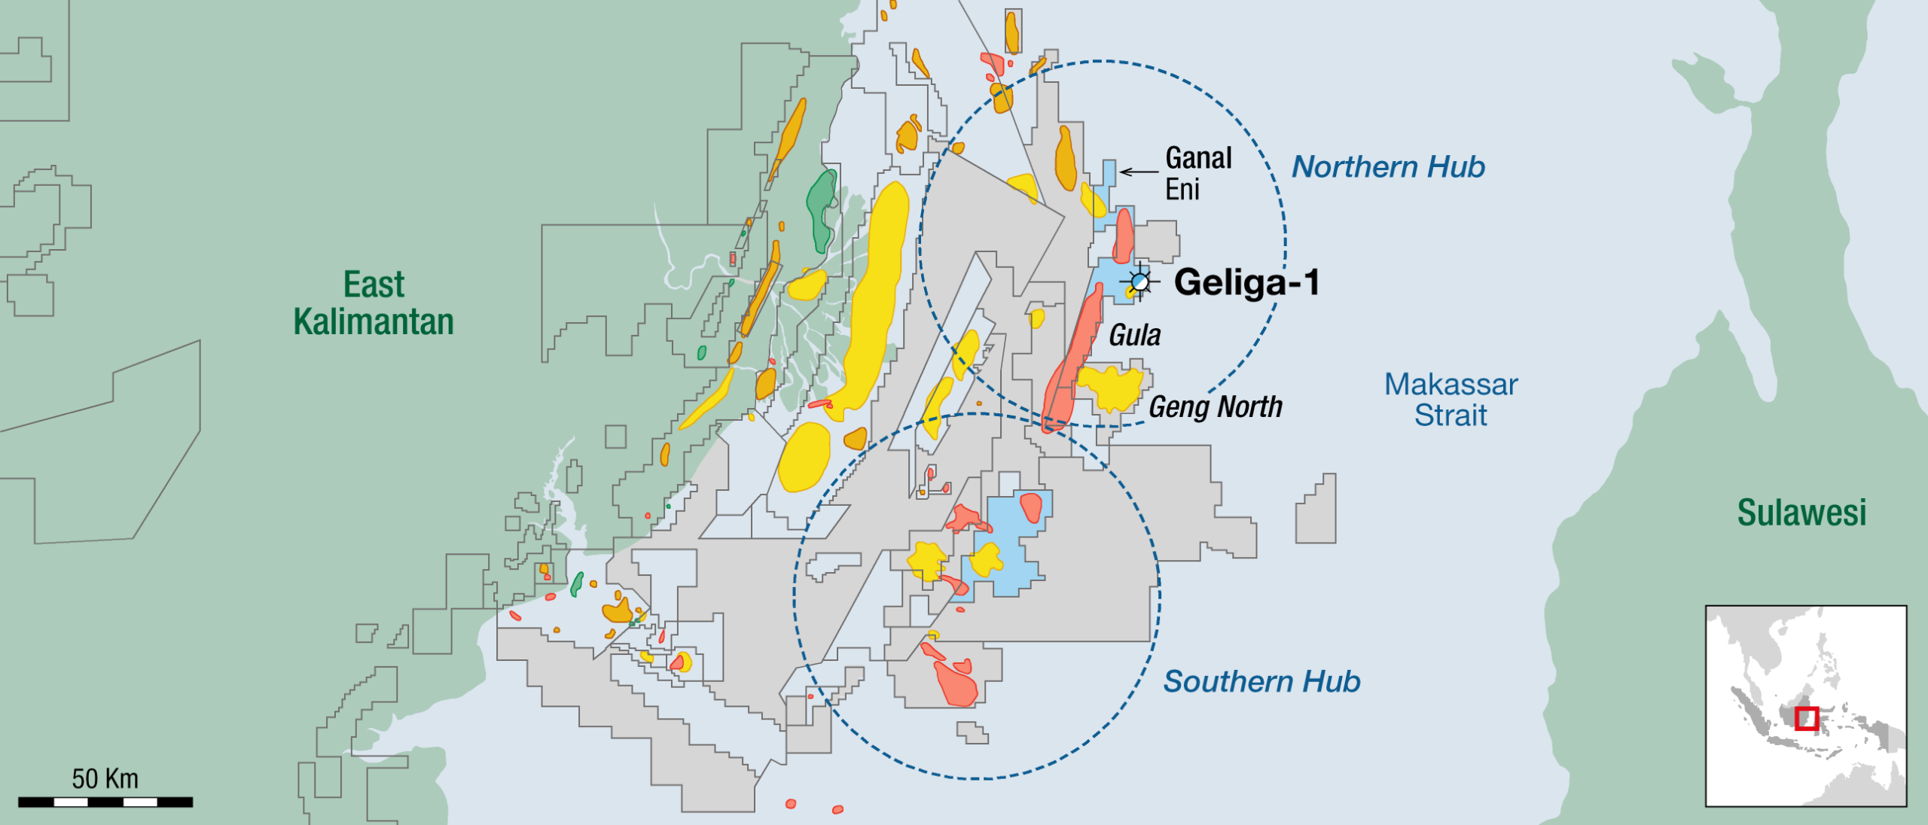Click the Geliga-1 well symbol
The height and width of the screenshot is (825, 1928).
(1140, 282)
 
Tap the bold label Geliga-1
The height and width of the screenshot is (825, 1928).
(1246, 283)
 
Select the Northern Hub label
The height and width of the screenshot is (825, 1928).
(1388, 167)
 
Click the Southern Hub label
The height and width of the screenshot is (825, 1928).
(1261, 682)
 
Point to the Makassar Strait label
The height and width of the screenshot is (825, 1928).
(1451, 400)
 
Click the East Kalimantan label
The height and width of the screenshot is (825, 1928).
(374, 303)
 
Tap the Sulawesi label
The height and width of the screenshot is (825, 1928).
(1801, 513)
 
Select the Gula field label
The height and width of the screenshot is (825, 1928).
(1134, 335)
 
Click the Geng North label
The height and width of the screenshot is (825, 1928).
(1215, 407)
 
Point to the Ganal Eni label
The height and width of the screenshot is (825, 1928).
(1197, 174)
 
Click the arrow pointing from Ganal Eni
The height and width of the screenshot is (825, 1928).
(1139, 172)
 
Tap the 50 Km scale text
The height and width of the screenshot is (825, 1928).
(105, 778)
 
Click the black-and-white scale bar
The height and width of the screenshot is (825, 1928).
(105, 802)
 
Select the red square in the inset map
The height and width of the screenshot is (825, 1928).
(1807, 718)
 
